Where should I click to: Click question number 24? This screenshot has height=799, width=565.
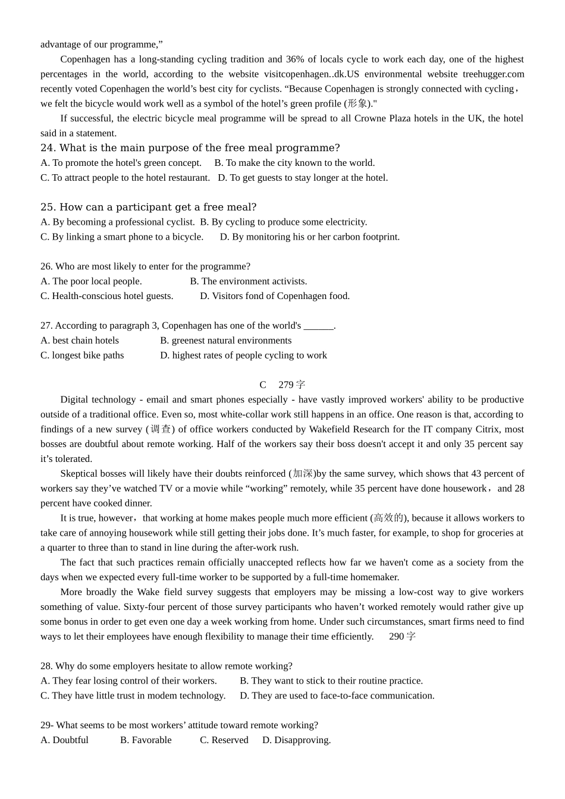[x=48, y=148]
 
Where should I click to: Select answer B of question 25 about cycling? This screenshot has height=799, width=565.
[x=283, y=222]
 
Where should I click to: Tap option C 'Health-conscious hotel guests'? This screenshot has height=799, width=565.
[x=106, y=296]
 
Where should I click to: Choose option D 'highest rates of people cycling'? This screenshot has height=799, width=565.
[x=243, y=356]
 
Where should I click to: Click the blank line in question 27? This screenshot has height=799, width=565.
[x=318, y=326]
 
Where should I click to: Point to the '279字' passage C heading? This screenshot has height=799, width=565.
[x=291, y=385]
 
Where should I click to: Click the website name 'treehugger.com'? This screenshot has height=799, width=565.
[x=493, y=74]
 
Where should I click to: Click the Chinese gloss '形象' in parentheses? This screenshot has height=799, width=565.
[x=357, y=104]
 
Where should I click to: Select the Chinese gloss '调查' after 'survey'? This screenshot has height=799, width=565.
[x=160, y=429]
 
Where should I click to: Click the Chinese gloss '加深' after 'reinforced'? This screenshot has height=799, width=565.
[x=303, y=474]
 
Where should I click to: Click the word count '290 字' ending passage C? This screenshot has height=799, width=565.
[x=402, y=637]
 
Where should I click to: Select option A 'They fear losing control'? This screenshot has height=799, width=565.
[x=128, y=681]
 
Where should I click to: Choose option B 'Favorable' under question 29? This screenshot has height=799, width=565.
[x=146, y=740]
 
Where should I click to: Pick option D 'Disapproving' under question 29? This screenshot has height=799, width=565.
[x=296, y=740]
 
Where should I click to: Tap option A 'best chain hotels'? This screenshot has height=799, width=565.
[x=80, y=341]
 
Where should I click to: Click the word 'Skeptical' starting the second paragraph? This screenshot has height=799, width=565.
[x=80, y=474]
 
